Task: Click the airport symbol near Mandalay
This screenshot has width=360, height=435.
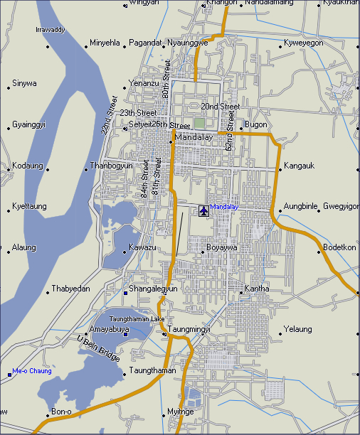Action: point(204,210)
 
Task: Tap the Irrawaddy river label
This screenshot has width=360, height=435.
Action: point(50,30)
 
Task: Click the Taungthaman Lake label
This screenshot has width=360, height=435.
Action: point(137,319)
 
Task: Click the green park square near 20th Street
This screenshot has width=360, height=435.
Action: point(200,122)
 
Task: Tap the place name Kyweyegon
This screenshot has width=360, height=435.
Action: point(304,43)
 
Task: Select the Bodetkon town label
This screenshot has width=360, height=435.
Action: point(339,247)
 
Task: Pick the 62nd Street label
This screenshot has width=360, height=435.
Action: point(230,129)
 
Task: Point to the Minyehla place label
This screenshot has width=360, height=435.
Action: point(105,43)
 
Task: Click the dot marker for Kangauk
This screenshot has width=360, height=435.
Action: point(280,167)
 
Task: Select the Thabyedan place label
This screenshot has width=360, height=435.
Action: point(70,289)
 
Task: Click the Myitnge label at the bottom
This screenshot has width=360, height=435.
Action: point(180,412)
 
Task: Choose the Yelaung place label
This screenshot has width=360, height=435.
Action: point(297,329)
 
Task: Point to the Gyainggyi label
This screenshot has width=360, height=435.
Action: point(28,124)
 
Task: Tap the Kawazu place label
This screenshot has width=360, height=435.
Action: point(142,247)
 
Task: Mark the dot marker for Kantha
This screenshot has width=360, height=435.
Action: point(240,289)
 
